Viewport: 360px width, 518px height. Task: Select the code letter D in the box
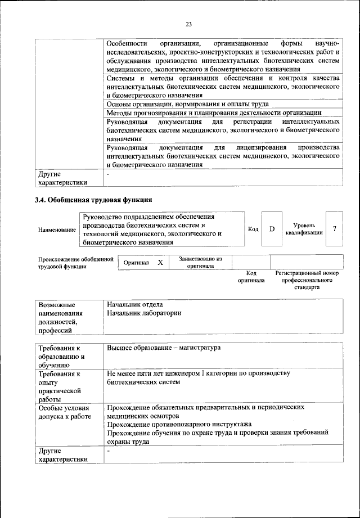pos(271,229)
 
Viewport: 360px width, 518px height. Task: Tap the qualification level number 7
pos(335,229)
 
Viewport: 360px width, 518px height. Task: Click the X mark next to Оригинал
pos(160,263)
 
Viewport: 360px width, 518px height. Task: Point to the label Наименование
pos(57,230)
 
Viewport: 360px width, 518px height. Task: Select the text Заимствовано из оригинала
pos(201,263)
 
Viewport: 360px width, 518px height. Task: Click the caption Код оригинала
pos(251,276)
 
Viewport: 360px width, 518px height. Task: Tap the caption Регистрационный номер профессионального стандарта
pos(307,280)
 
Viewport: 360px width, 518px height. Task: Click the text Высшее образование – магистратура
pos(164,348)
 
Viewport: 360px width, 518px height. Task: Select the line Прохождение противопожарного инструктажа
pos(179,424)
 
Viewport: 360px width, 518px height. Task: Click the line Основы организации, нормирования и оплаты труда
pos(187,103)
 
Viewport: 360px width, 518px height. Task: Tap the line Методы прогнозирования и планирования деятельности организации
pos(213,112)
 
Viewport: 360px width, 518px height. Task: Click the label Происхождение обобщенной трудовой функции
pos(73,263)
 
